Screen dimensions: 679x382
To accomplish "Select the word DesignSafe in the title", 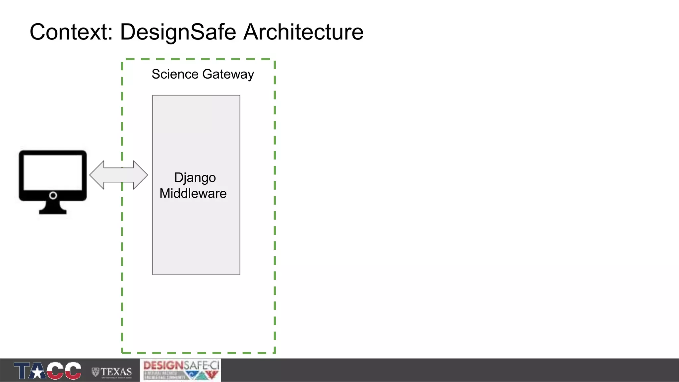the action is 178,32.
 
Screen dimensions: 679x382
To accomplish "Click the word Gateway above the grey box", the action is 228,74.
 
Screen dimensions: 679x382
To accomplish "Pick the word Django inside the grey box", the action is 195,178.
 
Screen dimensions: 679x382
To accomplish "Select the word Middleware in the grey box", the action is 193,194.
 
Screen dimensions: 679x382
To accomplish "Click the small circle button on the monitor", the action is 53,195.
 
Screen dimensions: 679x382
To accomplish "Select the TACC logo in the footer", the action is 47,370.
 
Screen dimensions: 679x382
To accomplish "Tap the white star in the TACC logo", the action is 38,372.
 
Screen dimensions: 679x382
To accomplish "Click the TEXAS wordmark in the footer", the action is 116,372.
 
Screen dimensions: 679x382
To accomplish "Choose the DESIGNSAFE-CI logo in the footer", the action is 181,370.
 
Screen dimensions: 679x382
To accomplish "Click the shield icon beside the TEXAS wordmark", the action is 95,372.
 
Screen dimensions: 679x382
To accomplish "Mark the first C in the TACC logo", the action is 55,370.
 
